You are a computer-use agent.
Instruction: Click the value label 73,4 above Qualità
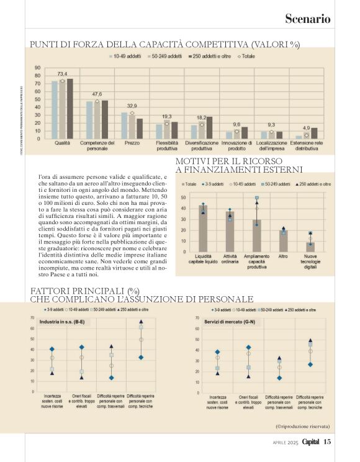tap(62, 73)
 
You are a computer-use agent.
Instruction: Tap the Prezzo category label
tap(132, 125)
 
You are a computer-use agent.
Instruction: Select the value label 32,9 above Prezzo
tap(132, 105)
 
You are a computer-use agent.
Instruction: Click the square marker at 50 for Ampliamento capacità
tap(257, 198)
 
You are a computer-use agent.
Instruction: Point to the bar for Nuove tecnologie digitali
tap(310, 246)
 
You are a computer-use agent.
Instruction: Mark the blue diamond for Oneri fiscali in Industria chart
tap(81, 348)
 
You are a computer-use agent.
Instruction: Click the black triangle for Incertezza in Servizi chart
tap(217, 373)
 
